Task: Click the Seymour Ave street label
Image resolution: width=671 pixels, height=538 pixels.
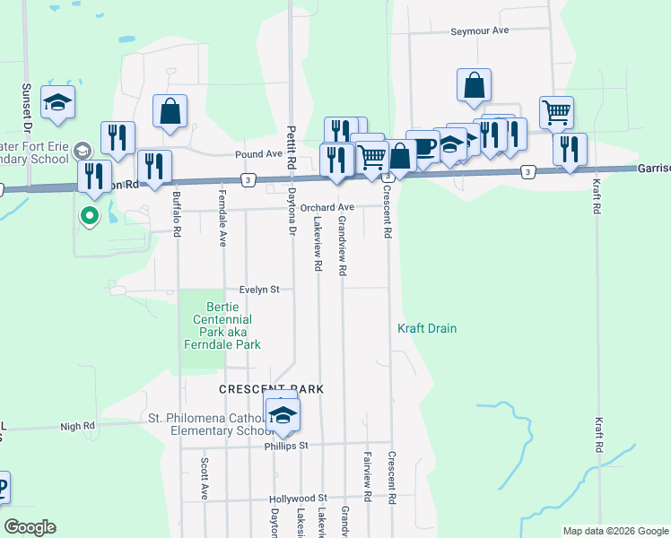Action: pos(479,30)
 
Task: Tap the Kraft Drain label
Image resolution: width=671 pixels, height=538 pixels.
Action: pos(427,329)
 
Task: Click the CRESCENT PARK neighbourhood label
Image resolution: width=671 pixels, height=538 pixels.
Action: pos(271,390)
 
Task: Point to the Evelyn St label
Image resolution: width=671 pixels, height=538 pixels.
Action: pos(260,290)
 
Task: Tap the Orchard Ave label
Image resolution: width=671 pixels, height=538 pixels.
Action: pos(327,207)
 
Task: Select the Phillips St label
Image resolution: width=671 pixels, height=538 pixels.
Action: pos(286,446)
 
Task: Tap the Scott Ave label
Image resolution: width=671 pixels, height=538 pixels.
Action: pos(205,479)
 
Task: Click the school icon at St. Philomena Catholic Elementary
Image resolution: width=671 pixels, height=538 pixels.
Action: pos(282,413)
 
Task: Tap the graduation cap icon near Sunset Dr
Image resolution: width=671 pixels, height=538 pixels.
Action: pos(57,103)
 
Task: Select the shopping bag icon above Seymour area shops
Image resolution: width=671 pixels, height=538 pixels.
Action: pos(473,86)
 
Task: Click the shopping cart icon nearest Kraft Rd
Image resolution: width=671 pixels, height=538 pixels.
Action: pos(556,113)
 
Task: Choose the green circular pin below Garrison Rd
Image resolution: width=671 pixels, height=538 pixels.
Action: pos(89,215)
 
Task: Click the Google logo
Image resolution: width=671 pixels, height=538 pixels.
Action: pos(30,527)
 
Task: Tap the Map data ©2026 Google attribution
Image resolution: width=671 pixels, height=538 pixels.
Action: pos(614,531)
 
